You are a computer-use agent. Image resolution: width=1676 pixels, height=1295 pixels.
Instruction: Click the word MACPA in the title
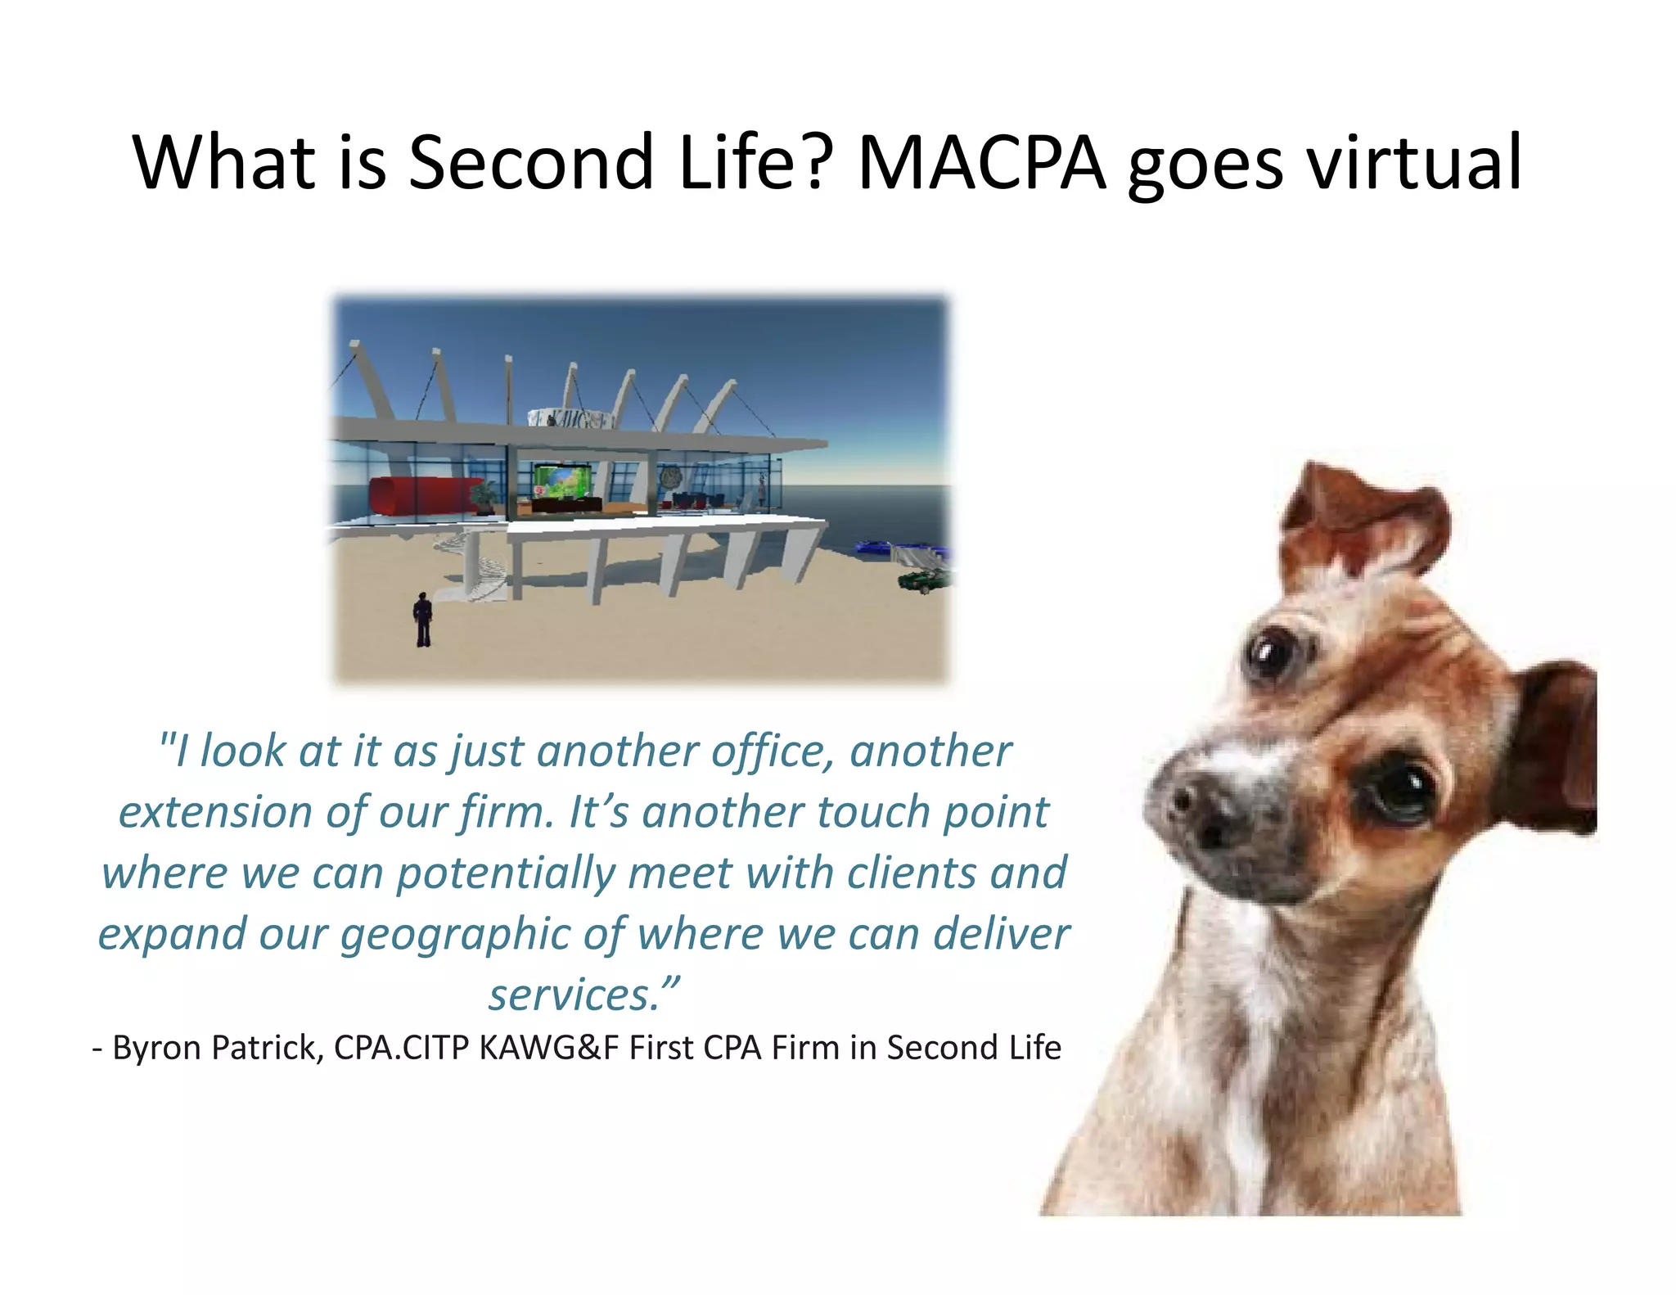[x=982, y=163]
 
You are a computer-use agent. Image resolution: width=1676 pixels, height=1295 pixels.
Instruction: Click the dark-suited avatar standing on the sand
[x=422, y=620]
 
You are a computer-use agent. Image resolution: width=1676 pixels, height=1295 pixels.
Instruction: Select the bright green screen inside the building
[x=561, y=481]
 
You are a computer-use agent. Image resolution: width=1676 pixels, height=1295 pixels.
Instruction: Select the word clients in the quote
[x=912, y=873]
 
